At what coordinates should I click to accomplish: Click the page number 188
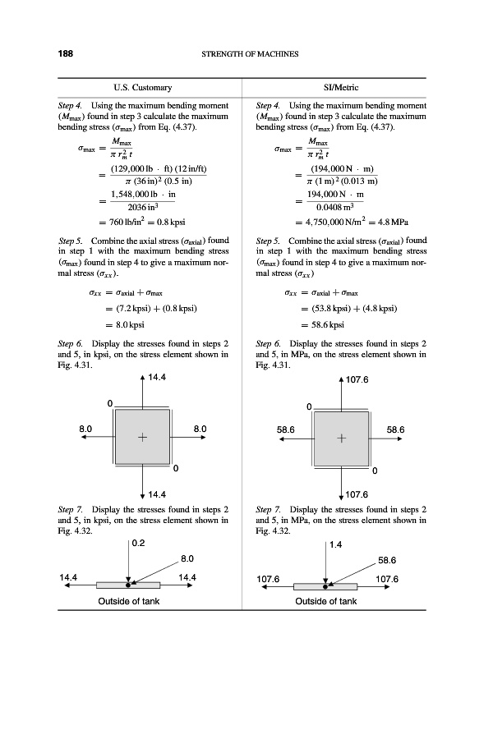(x=65, y=54)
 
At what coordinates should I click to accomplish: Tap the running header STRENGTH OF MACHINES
(x=249, y=55)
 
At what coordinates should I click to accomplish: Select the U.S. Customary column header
(x=142, y=87)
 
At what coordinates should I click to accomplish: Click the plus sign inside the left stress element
(x=143, y=438)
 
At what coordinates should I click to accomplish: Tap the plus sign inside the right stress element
(x=342, y=438)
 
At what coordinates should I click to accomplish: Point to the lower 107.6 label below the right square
(x=358, y=495)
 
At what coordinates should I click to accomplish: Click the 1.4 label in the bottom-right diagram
(x=335, y=544)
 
